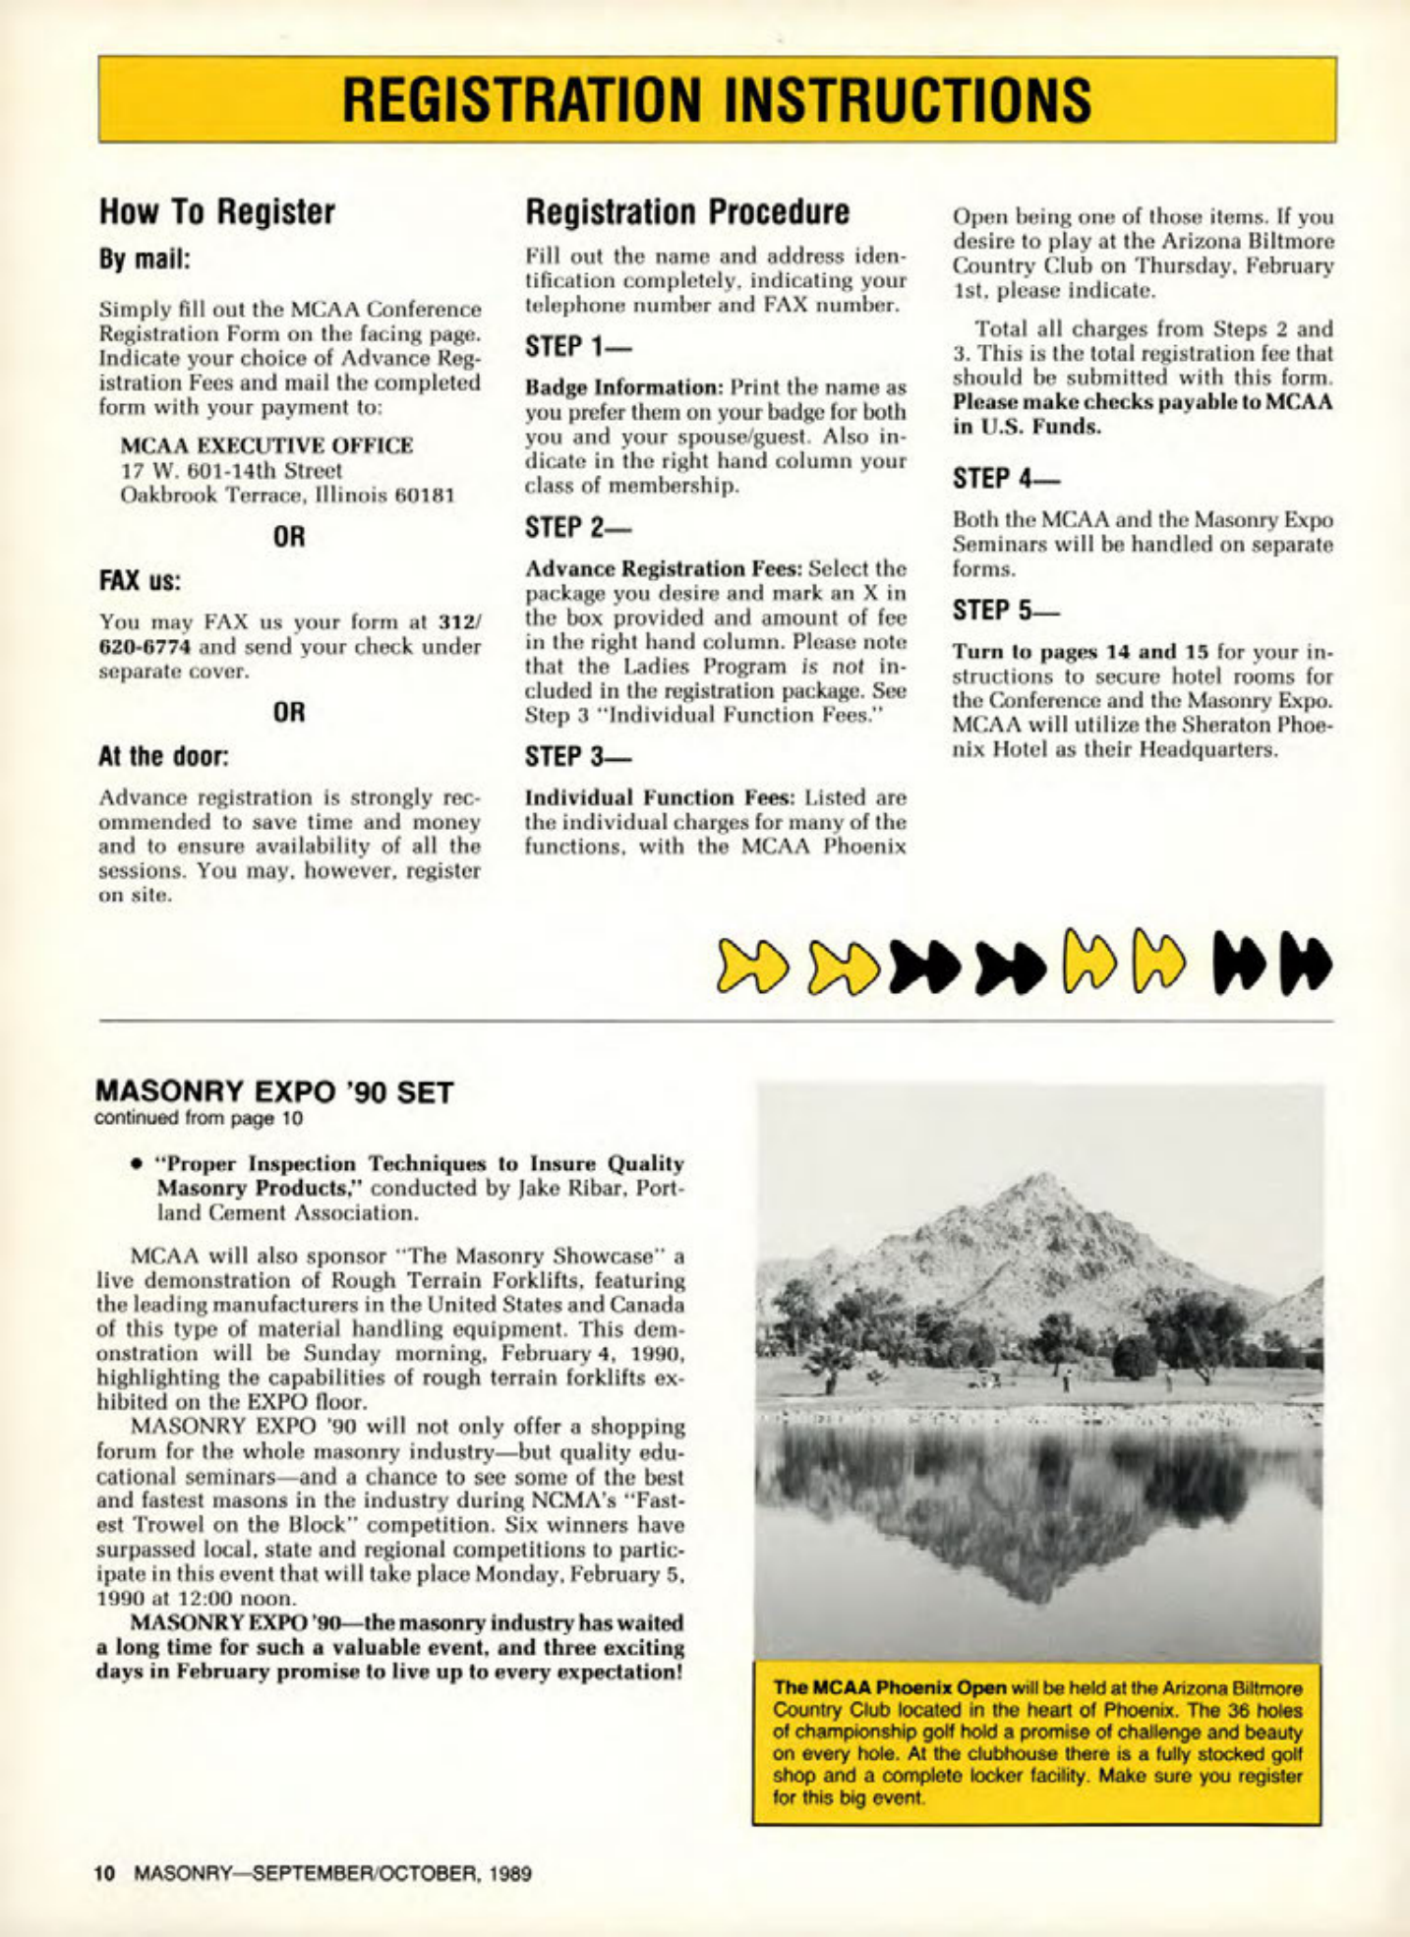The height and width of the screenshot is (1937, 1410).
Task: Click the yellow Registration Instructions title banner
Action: click(x=716, y=99)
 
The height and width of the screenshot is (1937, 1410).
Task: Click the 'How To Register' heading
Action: click(x=217, y=211)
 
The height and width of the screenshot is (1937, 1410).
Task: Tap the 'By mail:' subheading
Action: click(x=144, y=260)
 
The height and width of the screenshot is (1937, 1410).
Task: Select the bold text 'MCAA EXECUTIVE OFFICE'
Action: click(x=266, y=445)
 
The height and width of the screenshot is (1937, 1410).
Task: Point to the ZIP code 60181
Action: click(x=424, y=495)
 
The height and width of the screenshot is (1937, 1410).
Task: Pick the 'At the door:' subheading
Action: click(x=163, y=756)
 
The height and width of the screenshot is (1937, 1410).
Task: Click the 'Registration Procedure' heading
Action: click(x=687, y=211)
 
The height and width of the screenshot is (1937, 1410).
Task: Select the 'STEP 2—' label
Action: click(x=578, y=527)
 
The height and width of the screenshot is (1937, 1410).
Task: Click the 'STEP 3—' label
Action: click(x=578, y=756)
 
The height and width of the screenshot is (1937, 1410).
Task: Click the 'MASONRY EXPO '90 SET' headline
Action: click(x=274, y=1092)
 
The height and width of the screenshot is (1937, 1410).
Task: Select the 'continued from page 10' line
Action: click(x=199, y=1118)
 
